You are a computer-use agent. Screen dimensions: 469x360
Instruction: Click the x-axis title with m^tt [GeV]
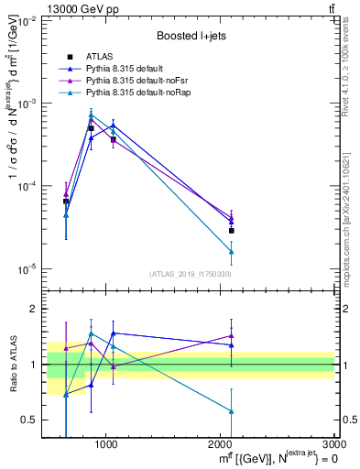(265, 459)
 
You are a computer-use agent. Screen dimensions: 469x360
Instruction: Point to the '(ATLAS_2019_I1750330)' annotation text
(190, 274)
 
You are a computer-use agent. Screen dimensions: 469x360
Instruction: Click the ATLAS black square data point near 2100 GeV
(231, 230)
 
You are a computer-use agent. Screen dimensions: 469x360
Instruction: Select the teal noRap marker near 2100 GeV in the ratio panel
(231, 411)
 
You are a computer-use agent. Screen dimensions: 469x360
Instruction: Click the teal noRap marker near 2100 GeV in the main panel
(231, 251)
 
